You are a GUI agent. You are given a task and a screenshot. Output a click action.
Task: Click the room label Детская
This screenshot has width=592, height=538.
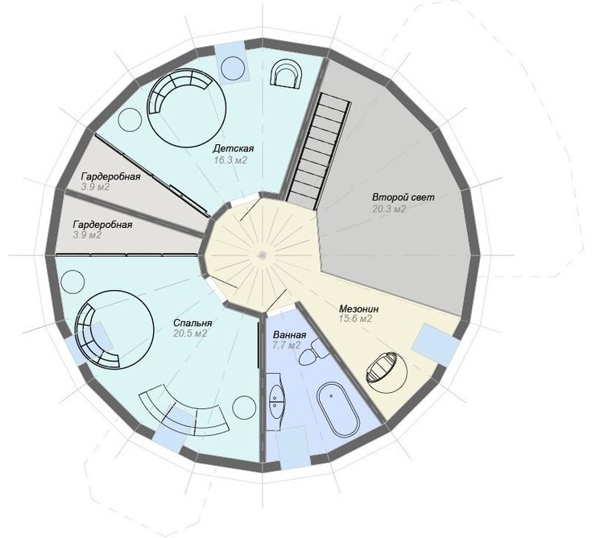pos(233,149)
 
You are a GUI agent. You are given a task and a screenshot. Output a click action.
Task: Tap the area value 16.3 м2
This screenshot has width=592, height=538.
pos(230,160)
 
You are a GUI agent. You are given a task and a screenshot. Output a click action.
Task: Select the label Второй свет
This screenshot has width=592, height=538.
pos(404,197)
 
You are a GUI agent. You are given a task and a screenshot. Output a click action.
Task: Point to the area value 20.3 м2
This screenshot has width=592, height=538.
pos(389,209)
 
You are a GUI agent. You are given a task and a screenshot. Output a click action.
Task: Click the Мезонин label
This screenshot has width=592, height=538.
pos(358,308)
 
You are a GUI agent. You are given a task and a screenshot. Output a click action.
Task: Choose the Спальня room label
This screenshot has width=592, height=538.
pos(193,323)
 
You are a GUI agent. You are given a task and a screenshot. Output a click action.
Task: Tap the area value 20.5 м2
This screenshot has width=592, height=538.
pos(190,333)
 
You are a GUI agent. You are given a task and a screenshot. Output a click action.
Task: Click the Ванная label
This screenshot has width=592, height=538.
pos(290,334)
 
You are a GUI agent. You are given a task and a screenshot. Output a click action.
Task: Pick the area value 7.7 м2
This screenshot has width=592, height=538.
pos(287,345)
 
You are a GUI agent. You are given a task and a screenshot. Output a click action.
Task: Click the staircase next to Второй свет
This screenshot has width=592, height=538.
pos(318,151)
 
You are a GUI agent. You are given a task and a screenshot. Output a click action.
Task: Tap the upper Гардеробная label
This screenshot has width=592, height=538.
pos(110,176)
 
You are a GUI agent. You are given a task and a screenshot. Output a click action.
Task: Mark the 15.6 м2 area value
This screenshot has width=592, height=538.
pos(356,319)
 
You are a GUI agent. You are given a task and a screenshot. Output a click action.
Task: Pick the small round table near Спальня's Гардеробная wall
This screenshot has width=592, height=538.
pos(72,282)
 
